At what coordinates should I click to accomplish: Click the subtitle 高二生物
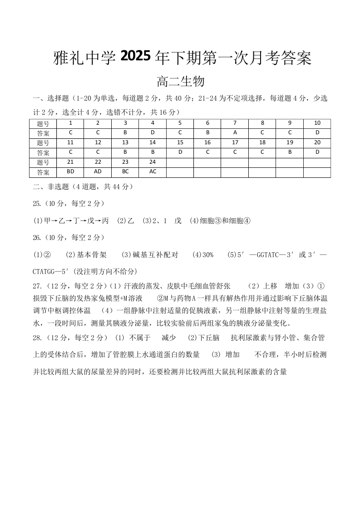(x=180, y=82)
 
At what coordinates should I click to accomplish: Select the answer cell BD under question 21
(x=70, y=172)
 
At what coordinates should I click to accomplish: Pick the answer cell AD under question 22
(x=98, y=172)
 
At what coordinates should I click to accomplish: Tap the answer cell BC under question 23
(x=125, y=172)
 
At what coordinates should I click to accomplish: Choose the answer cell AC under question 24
(x=153, y=172)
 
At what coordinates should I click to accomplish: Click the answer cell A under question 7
(x=235, y=132)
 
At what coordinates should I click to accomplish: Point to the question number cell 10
(x=317, y=123)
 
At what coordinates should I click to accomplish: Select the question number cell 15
(x=180, y=142)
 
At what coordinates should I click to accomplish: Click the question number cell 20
(x=317, y=142)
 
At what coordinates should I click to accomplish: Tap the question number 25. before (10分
(x=38, y=203)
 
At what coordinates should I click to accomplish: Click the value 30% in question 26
(x=206, y=255)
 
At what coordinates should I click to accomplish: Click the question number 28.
(x=38, y=338)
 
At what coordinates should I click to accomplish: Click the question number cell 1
(x=70, y=123)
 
